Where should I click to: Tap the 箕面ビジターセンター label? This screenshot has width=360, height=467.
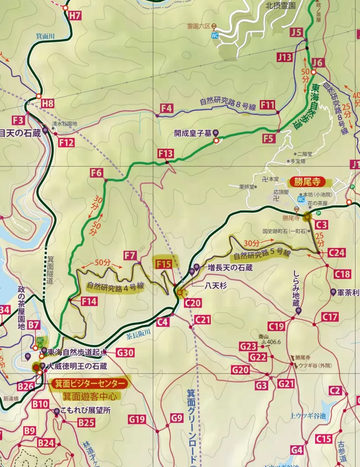[x=91, y=383]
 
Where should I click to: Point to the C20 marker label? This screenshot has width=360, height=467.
[x=193, y=303]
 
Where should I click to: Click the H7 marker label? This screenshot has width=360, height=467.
[x=74, y=15]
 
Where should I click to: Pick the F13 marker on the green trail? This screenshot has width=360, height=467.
[x=165, y=154]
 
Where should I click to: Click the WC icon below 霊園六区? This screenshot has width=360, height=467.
[x=215, y=36]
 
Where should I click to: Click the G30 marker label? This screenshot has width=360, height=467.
[x=125, y=353]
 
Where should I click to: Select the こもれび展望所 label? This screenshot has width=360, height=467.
[x=85, y=410]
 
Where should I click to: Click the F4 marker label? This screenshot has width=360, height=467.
[x=166, y=108]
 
